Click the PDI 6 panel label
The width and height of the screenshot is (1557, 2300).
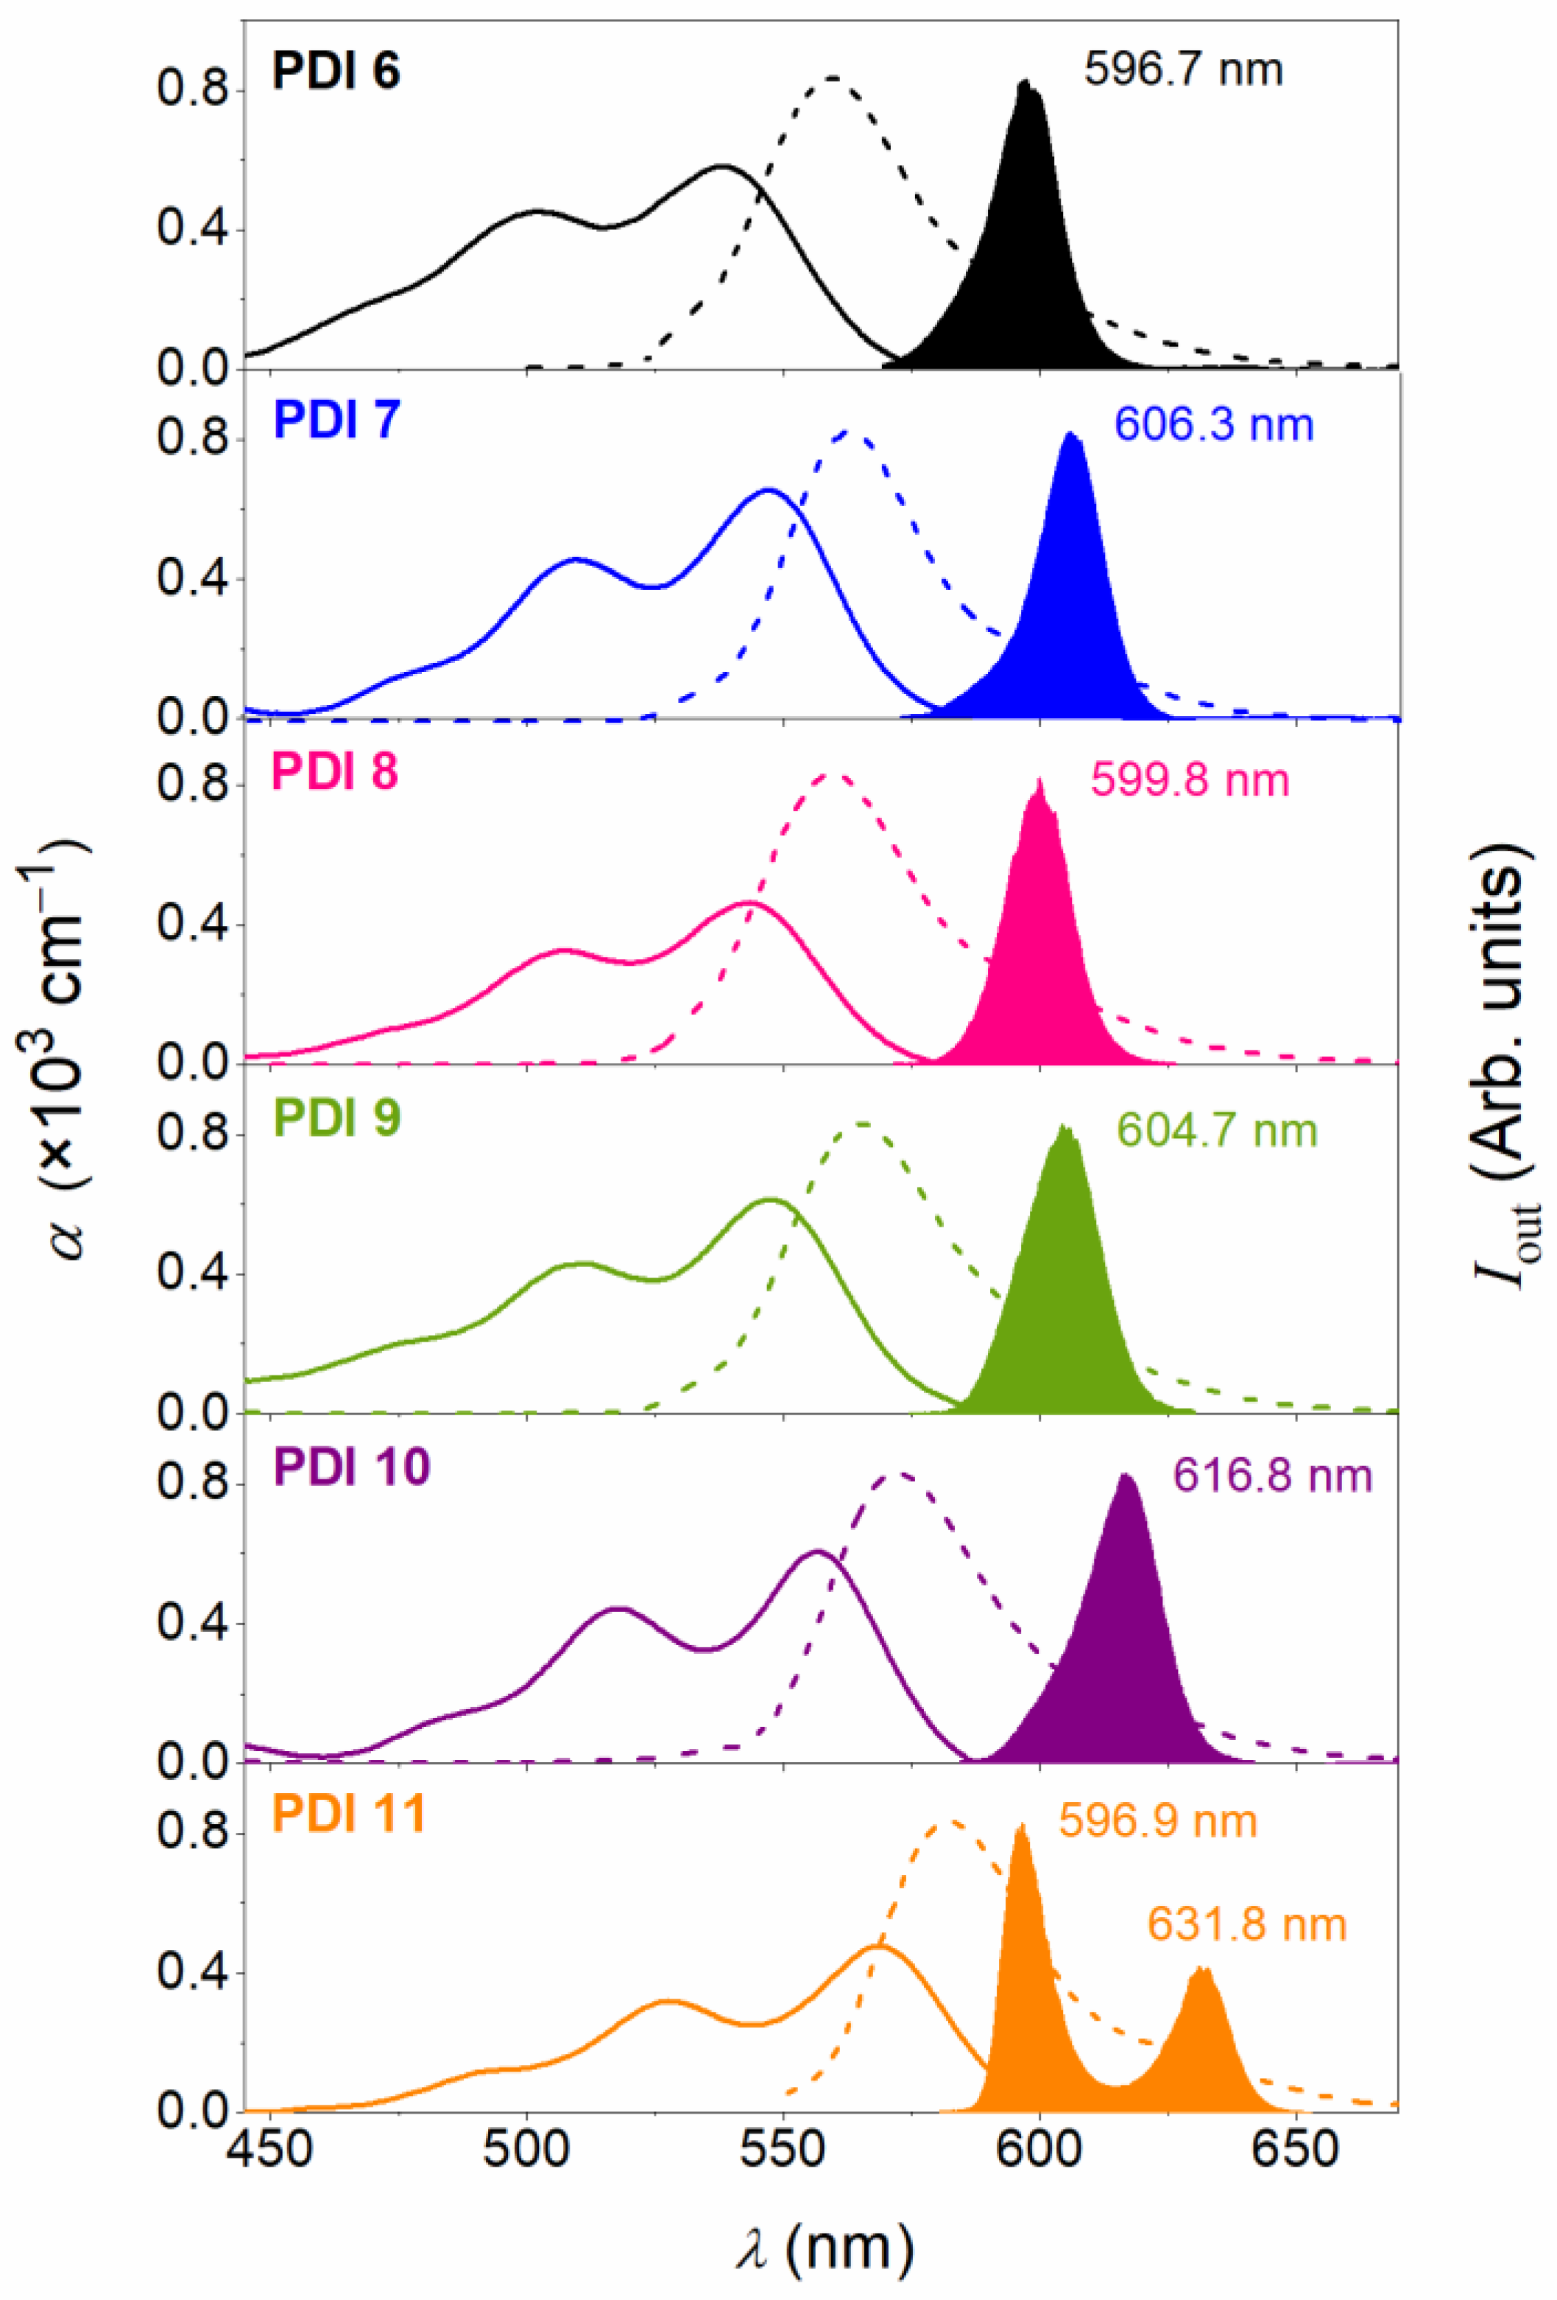[x=336, y=72]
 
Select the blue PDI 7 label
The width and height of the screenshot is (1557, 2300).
[x=336, y=420]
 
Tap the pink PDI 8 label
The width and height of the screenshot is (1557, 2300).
[x=334, y=771]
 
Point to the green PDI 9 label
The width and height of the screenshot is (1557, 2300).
[x=336, y=1118]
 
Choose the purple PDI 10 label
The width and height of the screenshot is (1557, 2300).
[x=351, y=1467]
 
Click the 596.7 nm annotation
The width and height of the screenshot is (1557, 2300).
[x=1183, y=70]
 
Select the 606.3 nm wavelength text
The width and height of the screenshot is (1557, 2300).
[x=1214, y=426]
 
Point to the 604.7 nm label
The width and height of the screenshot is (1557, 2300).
[x=1217, y=1130]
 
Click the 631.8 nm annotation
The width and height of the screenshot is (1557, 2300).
[x=1246, y=1925]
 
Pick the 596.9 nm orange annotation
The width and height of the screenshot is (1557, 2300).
[x=1157, y=1821]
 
